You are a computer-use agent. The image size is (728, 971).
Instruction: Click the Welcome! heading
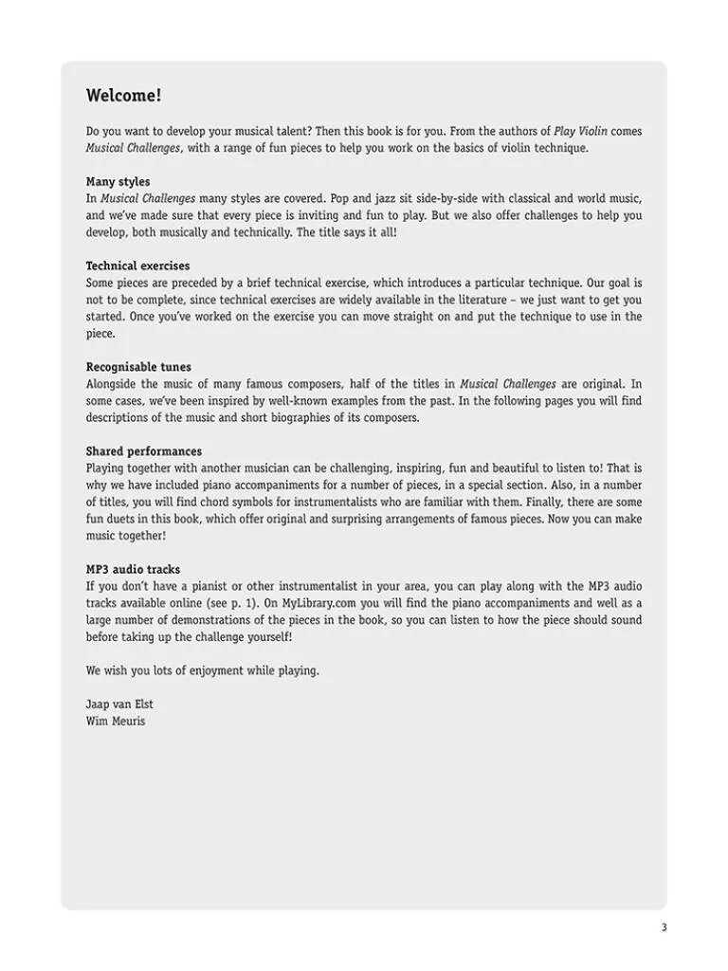coord(123,96)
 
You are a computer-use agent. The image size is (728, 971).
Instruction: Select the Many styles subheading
coord(118,182)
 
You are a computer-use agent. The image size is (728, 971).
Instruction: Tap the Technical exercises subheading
coord(137,266)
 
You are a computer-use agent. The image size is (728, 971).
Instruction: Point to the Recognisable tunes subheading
coord(138,367)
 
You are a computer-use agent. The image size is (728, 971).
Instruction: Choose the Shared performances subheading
coord(143,451)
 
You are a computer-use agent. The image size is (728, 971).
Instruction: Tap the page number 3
coord(664,927)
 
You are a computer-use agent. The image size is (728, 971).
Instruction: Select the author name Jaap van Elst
coord(120,705)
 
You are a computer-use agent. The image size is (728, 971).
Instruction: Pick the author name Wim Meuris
coord(116,721)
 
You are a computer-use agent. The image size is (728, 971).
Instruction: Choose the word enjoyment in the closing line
coord(226,670)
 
